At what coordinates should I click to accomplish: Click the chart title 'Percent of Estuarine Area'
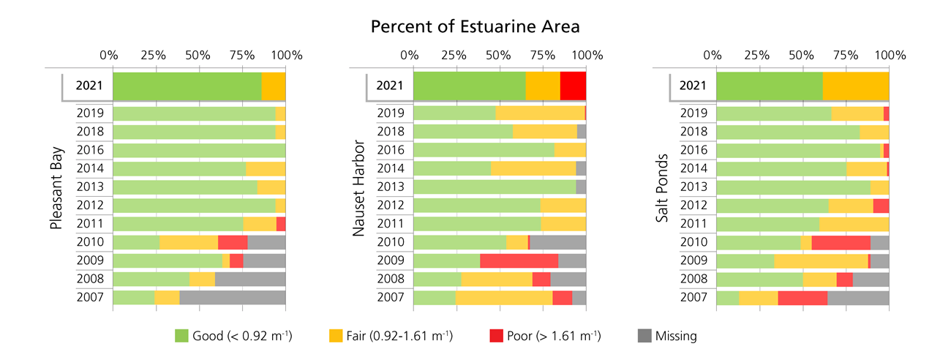pos(475,27)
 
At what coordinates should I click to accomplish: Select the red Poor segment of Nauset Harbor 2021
pos(573,86)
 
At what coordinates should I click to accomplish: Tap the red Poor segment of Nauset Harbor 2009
pos(519,260)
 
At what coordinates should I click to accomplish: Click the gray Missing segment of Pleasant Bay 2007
pos(232,297)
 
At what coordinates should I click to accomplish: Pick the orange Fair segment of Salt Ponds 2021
pos(855,86)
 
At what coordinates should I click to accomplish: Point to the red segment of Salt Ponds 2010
pos(841,242)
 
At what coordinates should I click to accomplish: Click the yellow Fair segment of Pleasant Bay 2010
pos(189,242)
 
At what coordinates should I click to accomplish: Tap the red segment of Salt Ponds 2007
pos(802,297)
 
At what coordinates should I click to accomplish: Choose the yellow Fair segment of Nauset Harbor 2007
pos(504,297)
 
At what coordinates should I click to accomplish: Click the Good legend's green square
pos(181,336)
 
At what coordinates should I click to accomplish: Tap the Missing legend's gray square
pos(643,336)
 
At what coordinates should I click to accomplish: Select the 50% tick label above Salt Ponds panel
pos(802,55)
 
